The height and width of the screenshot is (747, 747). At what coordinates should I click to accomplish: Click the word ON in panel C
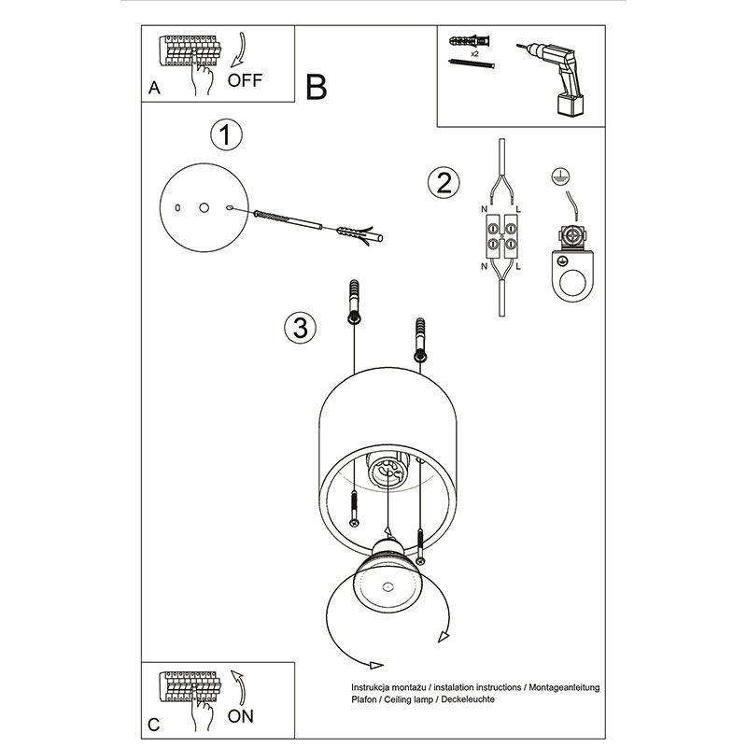241,716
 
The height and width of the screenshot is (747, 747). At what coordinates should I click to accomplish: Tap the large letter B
316,88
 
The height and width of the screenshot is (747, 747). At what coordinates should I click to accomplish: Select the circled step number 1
225,135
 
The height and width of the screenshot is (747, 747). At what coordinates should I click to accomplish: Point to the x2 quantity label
475,54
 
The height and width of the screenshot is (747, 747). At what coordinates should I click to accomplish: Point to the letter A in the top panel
153,90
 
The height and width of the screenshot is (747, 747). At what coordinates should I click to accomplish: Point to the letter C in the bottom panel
153,725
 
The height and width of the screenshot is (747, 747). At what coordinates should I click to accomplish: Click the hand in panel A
200,77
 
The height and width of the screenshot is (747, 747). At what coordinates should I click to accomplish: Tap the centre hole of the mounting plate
204,207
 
